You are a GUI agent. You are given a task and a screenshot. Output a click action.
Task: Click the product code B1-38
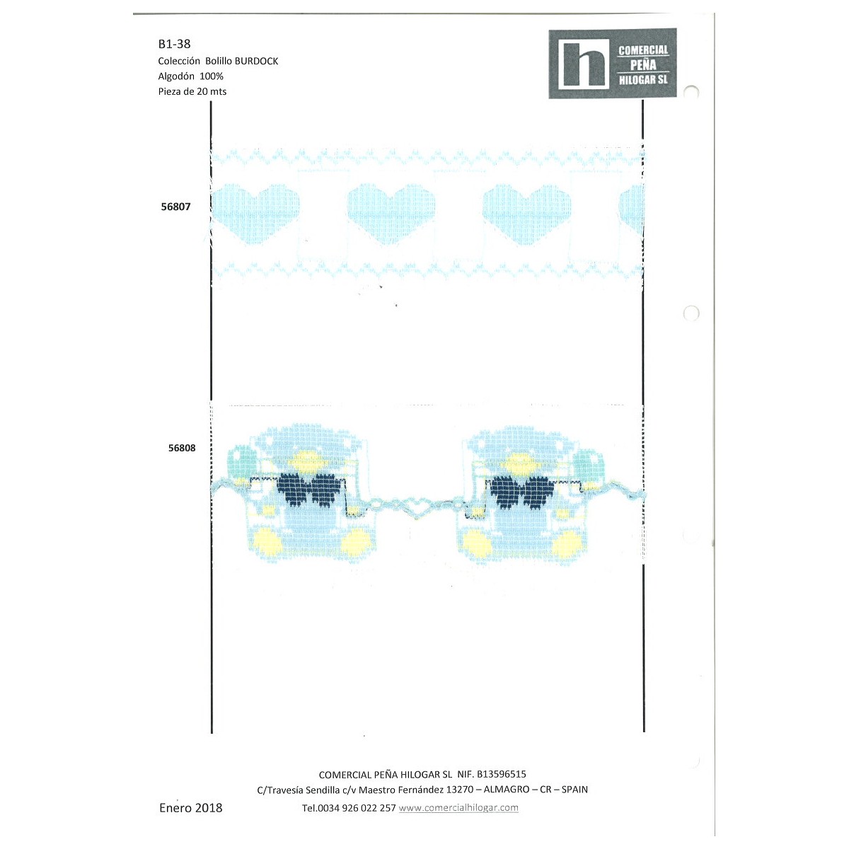click(174, 44)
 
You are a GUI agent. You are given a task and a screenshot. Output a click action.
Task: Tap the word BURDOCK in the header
click(256, 62)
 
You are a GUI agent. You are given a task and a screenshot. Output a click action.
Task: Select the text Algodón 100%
click(191, 76)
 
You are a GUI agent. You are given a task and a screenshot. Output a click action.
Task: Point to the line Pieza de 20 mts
click(192, 92)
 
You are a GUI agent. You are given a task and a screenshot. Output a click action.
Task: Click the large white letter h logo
click(584, 64)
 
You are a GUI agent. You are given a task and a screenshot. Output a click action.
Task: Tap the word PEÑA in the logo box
click(643, 65)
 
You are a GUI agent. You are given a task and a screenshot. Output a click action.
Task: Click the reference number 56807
click(175, 207)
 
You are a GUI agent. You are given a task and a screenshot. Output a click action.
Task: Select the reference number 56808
click(182, 448)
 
